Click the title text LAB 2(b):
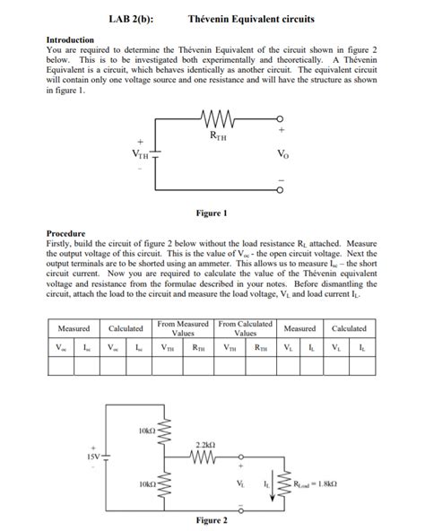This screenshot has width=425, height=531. coord(129,18)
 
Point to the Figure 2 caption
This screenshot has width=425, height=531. coord(212,520)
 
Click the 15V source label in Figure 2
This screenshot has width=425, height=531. coord(92,456)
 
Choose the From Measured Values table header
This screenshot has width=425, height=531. coord(183,327)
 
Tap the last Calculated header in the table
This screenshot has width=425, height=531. coord(349,328)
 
